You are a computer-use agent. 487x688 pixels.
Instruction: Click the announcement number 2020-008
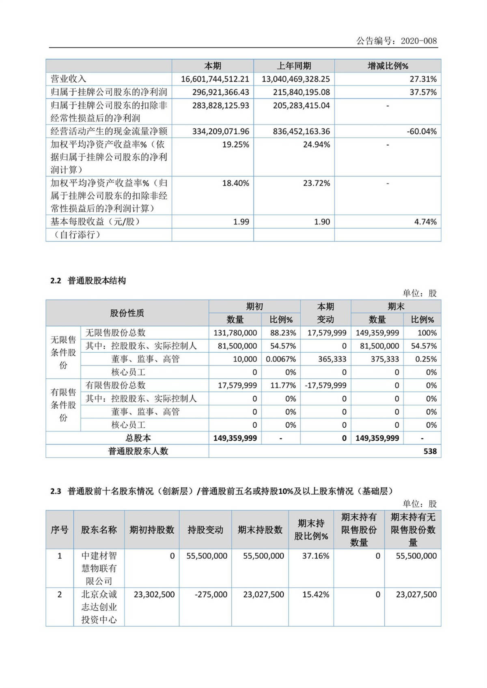point(418,41)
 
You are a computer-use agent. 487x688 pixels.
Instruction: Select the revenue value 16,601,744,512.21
point(215,79)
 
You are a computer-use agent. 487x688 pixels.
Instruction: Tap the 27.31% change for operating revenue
point(423,79)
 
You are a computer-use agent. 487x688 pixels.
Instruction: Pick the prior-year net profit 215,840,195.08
point(295,92)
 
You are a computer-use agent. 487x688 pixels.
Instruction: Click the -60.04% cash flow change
point(422,131)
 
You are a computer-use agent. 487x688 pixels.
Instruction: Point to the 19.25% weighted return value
point(235,145)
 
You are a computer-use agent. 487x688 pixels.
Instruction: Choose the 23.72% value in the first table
point(316,183)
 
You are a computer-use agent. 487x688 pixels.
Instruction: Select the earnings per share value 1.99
point(241,222)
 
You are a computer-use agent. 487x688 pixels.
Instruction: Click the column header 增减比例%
point(388,66)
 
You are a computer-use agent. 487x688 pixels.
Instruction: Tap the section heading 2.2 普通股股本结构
point(88,281)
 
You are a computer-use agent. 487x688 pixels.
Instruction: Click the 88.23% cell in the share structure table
point(283,333)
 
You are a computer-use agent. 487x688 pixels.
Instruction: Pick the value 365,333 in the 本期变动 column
point(332,359)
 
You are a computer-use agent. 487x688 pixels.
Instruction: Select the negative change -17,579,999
point(325,386)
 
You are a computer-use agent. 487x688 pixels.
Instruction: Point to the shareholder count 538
point(430,451)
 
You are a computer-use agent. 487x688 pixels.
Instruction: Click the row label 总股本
point(138,438)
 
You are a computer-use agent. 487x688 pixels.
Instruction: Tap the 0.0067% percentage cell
point(281,359)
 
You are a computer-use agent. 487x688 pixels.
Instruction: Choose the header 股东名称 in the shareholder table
point(99,529)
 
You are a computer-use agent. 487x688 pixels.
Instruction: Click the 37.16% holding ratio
point(315,556)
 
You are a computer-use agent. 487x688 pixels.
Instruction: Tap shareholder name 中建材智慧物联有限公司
point(99,568)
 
